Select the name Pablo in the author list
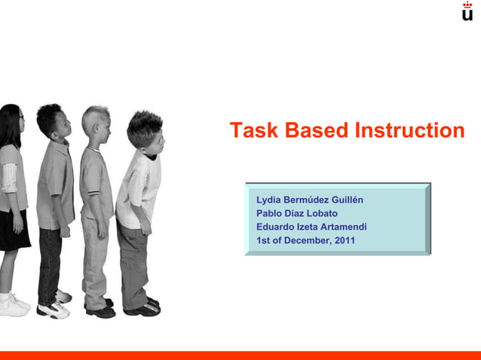[270, 214]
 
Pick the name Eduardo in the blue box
[276, 227]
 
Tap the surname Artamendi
[341, 227]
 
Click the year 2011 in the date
[344, 241]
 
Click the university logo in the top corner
[467, 11]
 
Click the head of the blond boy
[97, 124]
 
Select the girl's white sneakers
[13, 304]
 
